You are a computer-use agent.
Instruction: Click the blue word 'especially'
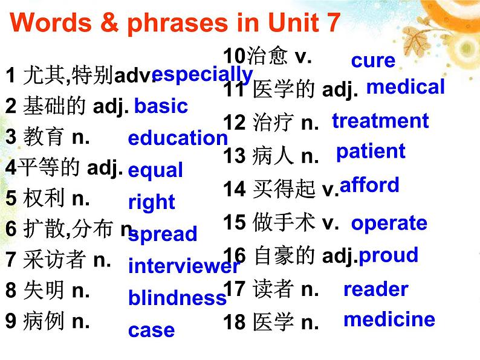pyautogui.click(x=202, y=75)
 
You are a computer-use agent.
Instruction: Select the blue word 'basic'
pyautogui.click(x=161, y=106)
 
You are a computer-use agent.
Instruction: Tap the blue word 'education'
pyautogui.click(x=178, y=138)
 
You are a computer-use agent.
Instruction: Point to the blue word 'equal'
pyautogui.click(x=155, y=170)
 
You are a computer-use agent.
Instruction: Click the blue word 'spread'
pyautogui.click(x=163, y=234)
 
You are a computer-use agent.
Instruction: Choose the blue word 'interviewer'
pyautogui.click(x=184, y=266)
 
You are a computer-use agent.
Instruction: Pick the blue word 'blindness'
pyautogui.click(x=177, y=298)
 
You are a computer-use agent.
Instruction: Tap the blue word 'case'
pyautogui.click(x=151, y=330)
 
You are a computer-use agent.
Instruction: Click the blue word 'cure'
pyautogui.click(x=373, y=60)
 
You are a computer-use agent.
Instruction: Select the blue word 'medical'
pyautogui.click(x=405, y=87)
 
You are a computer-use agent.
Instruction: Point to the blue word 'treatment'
pyautogui.click(x=380, y=121)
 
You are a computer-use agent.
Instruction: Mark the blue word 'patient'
pyautogui.click(x=371, y=151)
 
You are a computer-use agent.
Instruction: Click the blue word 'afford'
pyautogui.click(x=369, y=185)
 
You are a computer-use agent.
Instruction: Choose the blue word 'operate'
pyautogui.click(x=389, y=223)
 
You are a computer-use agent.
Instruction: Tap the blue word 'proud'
pyautogui.click(x=388, y=256)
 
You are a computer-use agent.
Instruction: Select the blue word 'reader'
pyautogui.click(x=375, y=289)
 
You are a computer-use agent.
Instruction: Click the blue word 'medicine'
pyautogui.click(x=389, y=319)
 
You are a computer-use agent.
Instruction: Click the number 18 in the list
pyautogui.click(x=233, y=322)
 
